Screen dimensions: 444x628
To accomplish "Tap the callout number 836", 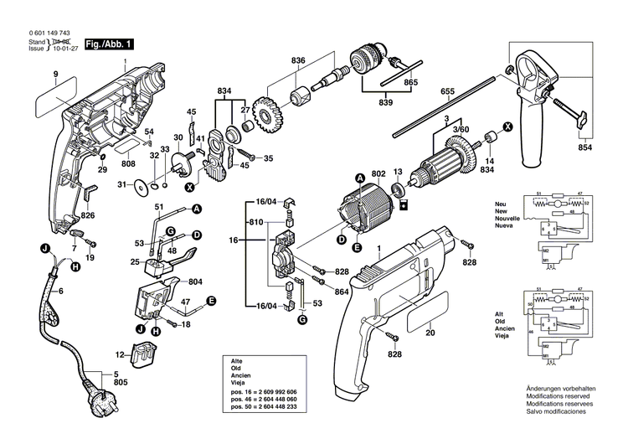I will coord(299,59).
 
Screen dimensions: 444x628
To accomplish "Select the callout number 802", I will coord(378,173).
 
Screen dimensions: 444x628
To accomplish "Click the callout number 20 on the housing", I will coord(431,333).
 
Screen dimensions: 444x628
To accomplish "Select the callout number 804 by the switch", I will coord(197,281).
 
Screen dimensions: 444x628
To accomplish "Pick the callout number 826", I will coord(88,216).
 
